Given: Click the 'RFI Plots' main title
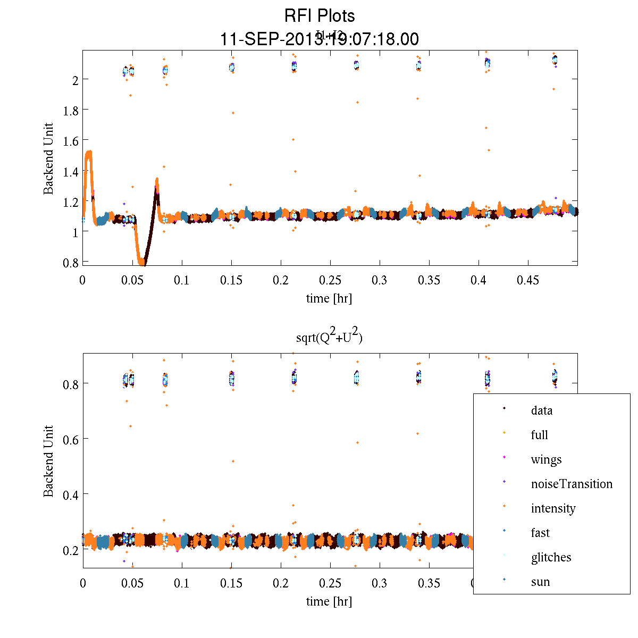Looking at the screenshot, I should coord(319,16).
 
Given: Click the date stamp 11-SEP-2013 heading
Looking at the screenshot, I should coord(319,39).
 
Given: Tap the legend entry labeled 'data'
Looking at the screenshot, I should coord(541,410).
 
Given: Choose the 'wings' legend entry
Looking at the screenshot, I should coord(546,459).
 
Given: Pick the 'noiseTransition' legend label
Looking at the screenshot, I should coord(572,484).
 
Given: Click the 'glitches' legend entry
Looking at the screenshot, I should coord(551,557).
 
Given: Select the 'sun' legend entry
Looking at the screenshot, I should coord(540,582).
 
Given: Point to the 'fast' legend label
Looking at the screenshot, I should coord(540,533).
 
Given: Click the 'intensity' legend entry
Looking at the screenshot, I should coord(553,508).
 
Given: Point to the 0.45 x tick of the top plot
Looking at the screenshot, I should coord(528,280).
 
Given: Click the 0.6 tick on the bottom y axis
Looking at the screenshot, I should coord(71,439).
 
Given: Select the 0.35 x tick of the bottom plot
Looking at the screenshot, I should coord(429,583).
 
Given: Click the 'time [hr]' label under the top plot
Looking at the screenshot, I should coord(329,298).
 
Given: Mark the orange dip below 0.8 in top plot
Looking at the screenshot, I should coord(141,262).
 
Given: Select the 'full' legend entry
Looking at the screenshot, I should coord(539,435).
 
